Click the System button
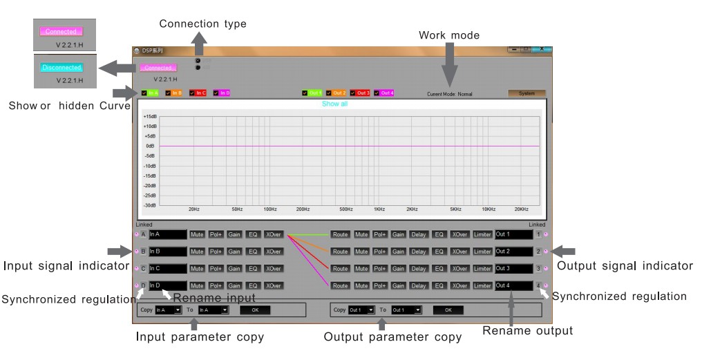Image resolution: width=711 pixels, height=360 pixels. [527, 93]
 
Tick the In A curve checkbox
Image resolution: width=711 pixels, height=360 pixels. [144, 93]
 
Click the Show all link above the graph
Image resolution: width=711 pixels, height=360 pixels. [334, 104]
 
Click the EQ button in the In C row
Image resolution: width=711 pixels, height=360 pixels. [253, 268]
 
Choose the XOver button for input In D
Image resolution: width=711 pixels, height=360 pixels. [274, 285]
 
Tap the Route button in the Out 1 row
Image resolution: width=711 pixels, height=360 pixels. [340, 234]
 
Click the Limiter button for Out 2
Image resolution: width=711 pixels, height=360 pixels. [482, 252]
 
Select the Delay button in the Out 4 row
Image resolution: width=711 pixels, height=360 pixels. [419, 285]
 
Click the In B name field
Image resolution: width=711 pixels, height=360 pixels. [167, 252]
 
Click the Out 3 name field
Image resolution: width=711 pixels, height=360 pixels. [513, 268]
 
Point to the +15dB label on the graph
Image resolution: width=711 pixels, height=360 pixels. [149, 117]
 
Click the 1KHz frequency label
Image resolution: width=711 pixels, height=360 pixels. [379, 209]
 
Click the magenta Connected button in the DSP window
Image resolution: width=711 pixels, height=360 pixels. [158, 68]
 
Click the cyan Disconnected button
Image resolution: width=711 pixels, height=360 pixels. [61, 68]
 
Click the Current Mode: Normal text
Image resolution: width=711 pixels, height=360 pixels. [450, 94]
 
